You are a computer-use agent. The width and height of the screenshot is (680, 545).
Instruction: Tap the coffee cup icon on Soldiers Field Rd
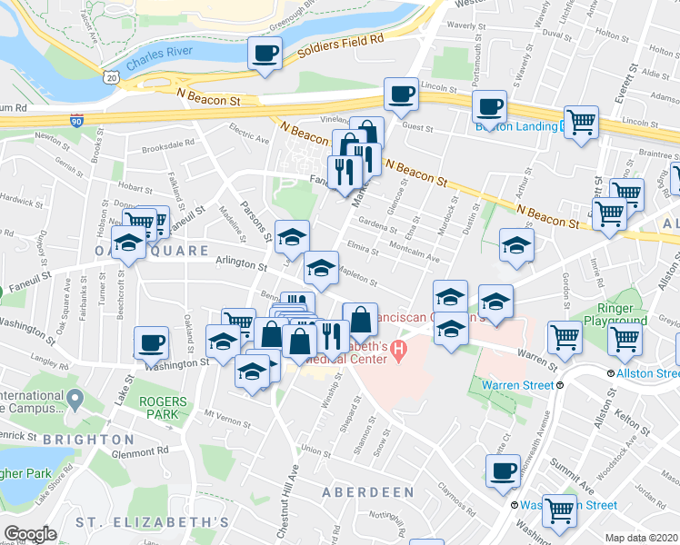tap(265, 54)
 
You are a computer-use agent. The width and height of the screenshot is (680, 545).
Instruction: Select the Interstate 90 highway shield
tap(76, 120)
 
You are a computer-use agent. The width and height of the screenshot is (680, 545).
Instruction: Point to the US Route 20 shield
tap(110, 80)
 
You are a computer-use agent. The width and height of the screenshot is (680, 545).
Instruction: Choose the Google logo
tap(30, 534)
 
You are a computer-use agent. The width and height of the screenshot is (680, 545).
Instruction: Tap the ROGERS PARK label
tap(164, 408)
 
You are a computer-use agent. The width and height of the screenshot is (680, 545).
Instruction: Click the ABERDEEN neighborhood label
tap(368, 492)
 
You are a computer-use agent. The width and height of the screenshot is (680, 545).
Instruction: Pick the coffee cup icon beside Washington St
tap(151, 344)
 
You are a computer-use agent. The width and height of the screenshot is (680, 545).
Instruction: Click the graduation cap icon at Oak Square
tap(128, 243)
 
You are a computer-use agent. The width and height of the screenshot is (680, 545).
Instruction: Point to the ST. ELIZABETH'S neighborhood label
tap(152, 522)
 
